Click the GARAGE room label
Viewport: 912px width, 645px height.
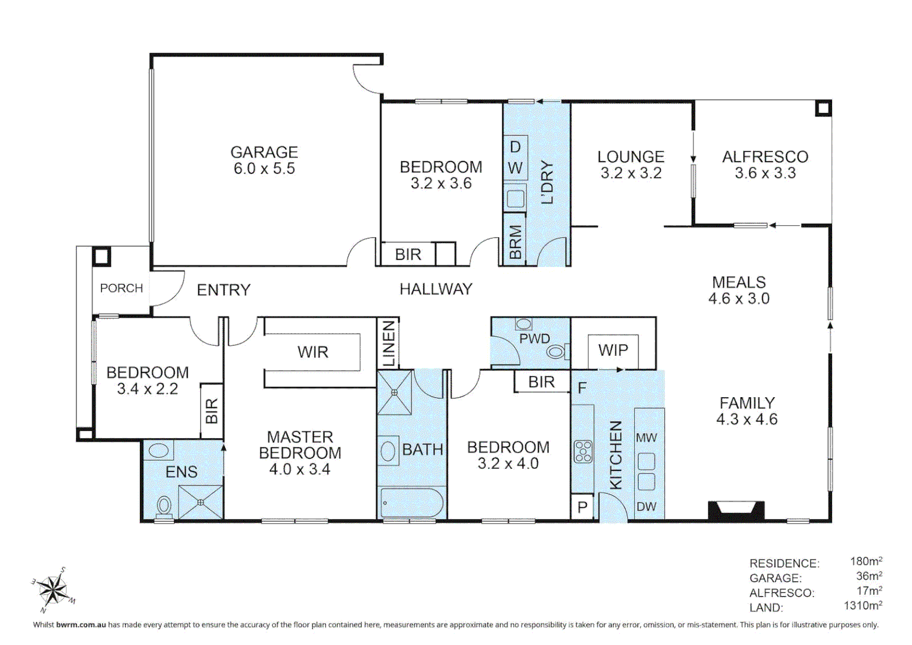click(x=264, y=152)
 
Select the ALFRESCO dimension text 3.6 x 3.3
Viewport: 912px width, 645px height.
click(x=765, y=173)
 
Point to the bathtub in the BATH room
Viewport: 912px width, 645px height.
click(x=412, y=503)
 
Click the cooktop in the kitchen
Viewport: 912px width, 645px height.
click(x=583, y=451)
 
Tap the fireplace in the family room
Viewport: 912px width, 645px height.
click(x=736, y=511)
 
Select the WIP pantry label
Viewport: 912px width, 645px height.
click(x=613, y=350)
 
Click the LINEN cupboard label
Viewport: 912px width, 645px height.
click(x=389, y=344)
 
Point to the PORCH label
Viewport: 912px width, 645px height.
click(x=121, y=288)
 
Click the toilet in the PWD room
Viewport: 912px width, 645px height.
click(x=557, y=352)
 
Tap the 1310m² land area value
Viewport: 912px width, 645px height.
click(x=862, y=606)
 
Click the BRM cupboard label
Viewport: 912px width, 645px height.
click(x=515, y=242)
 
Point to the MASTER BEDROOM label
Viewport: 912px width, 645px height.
click(x=300, y=445)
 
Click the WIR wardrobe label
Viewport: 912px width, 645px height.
click(x=313, y=352)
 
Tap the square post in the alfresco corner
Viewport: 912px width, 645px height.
click(x=823, y=108)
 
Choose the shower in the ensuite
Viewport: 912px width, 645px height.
click(x=201, y=502)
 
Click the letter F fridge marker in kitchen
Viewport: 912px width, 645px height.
click(x=582, y=389)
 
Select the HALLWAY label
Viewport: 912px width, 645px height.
click(x=436, y=290)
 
